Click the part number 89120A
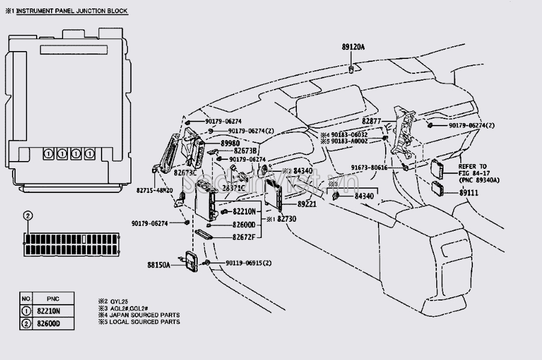(x=353, y=47)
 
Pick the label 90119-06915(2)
(x=249, y=263)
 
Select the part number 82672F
(x=244, y=237)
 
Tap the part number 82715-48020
(x=154, y=191)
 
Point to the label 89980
(x=230, y=142)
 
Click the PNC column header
(x=53, y=298)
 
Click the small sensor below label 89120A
(x=351, y=71)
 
